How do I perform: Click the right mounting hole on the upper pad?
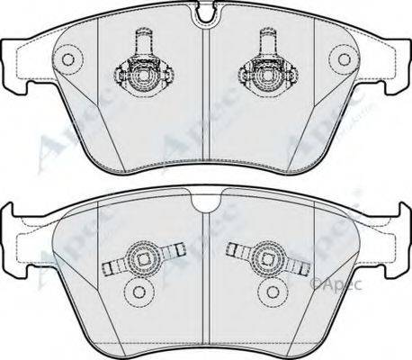[x=345, y=59]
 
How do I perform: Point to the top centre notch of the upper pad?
[x=205, y=13]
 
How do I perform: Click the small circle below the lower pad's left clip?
[x=136, y=293]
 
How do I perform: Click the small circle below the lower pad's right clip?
[x=273, y=293]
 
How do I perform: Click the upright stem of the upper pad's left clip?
[x=141, y=41]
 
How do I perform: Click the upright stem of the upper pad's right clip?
[x=268, y=41]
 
